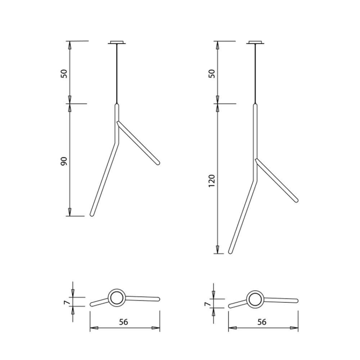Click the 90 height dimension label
click(64, 161)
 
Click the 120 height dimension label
click(211, 181)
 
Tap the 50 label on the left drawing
click(64, 73)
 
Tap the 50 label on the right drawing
click(212, 73)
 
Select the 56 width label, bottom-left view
click(123, 322)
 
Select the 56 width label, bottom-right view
click(262, 322)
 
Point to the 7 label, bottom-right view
click(207, 304)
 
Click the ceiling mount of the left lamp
click(117, 42)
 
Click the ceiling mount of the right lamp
click(255, 42)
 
